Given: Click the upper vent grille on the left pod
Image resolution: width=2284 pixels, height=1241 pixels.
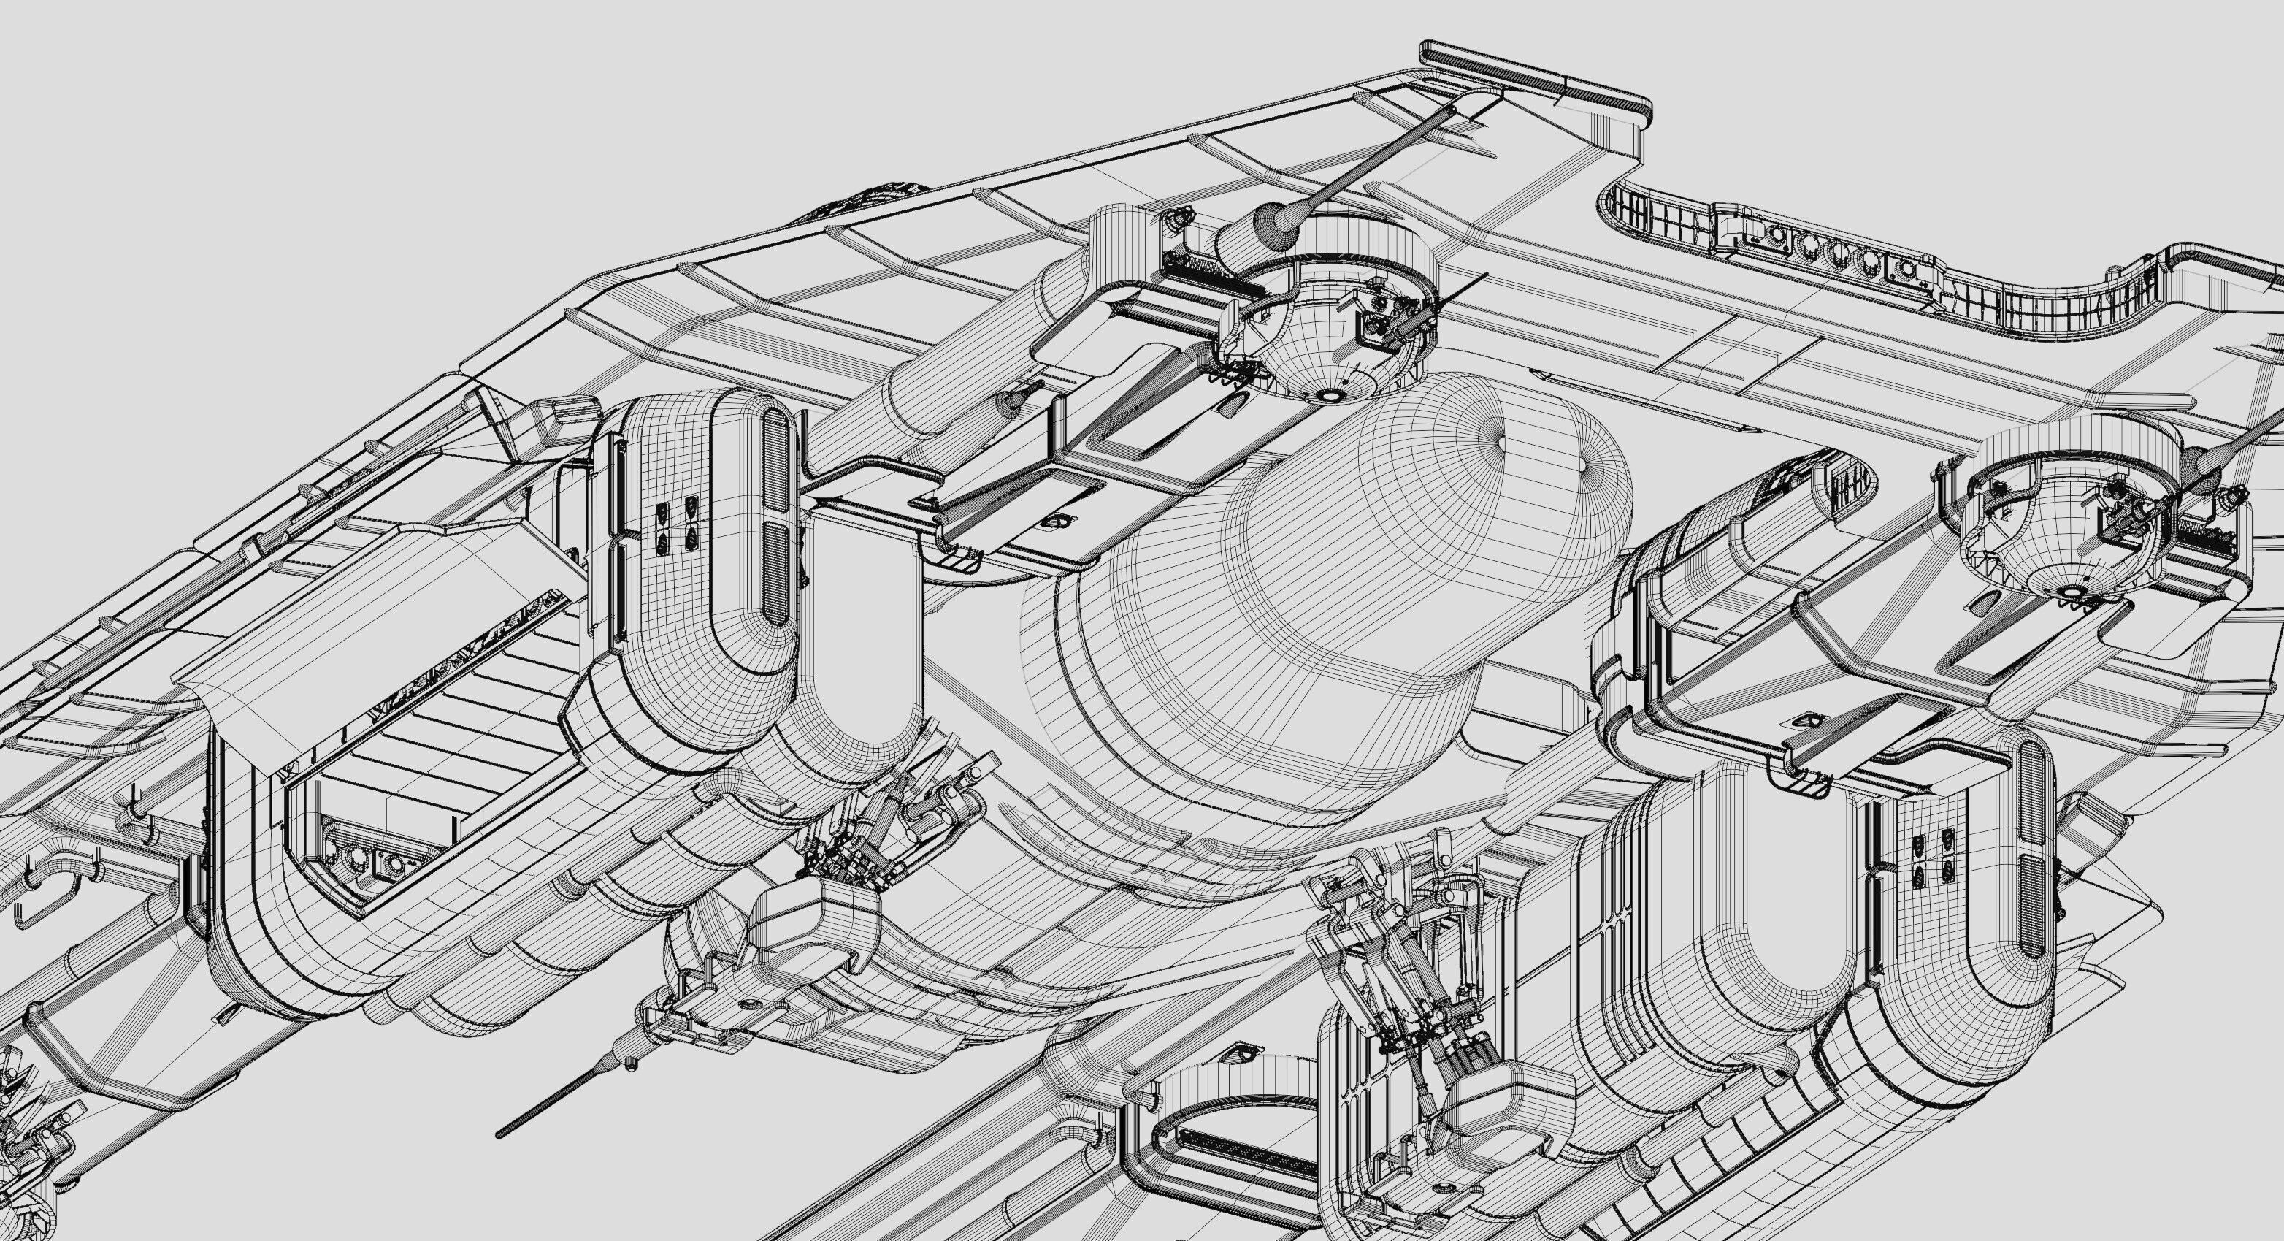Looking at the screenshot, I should click(774, 460).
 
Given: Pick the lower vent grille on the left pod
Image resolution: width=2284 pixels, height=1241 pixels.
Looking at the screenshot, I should click(775, 571).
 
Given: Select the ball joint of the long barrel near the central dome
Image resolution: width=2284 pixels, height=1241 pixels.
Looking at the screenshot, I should click(1271, 220).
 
